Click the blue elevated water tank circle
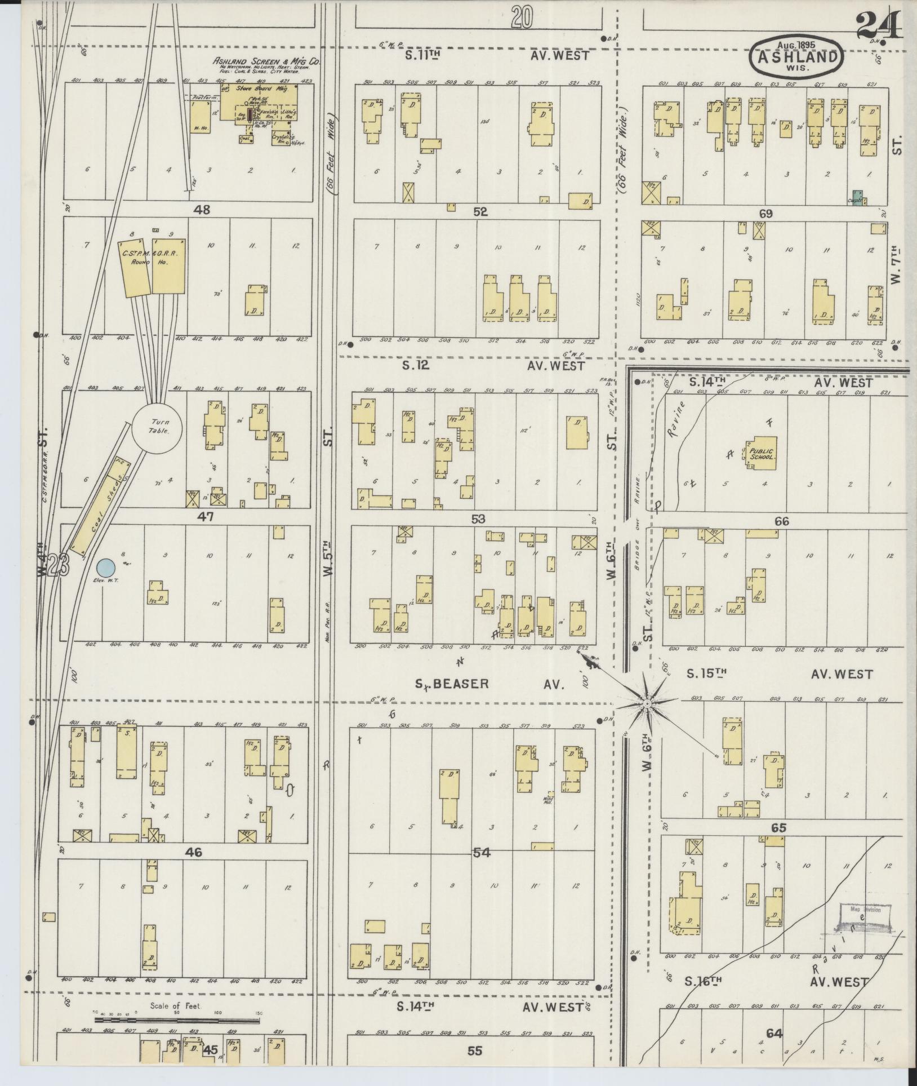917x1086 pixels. [106, 568]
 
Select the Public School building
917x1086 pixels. [762, 454]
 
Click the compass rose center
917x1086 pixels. [648, 704]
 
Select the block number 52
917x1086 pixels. [480, 212]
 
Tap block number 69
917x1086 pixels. [765, 214]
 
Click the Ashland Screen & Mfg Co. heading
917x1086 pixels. [266, 61]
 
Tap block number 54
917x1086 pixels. [482, 853]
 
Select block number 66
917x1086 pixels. [781, 521]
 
